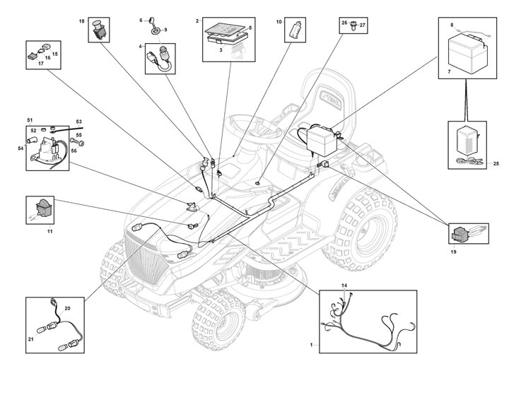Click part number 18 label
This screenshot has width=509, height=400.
coord(81,22)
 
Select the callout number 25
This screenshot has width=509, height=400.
coord(496,163)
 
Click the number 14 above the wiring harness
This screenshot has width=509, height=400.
coord(344,286)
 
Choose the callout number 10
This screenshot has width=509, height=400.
coord(279,23)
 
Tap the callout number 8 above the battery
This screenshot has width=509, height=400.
coord(451,25)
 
